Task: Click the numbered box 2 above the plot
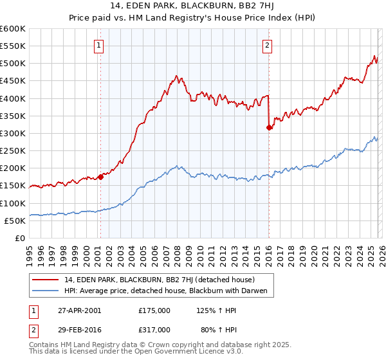267,45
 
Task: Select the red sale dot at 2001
100,177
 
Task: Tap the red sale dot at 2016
269,128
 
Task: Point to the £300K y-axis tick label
13,133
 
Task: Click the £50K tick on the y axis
15,221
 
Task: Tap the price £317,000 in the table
154,329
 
